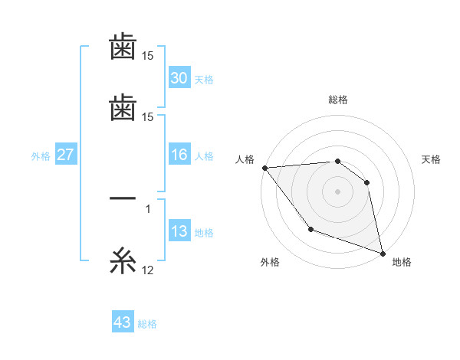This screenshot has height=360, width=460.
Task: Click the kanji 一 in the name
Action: click(123, 198)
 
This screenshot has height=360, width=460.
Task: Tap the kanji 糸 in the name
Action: click(123, 262)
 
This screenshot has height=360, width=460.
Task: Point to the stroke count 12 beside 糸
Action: click(148, 270)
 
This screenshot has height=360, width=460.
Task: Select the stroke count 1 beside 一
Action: click(148, 208)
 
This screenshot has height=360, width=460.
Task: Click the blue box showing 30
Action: click(179, 78)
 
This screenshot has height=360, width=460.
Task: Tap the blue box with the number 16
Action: click(179, 155)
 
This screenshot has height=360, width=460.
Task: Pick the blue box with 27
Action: click(66, 155)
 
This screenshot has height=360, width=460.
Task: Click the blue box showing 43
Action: click(123, 322)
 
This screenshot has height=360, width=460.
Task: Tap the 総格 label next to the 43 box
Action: click(148, 324)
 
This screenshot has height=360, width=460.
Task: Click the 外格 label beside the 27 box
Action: click(41, 156)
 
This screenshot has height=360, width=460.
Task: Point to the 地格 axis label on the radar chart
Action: click(402, 262)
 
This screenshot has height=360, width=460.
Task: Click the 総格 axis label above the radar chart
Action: click(338, 100)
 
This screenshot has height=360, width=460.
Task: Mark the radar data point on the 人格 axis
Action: click(264, 168)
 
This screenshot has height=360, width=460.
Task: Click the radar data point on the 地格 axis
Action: click(382, 252)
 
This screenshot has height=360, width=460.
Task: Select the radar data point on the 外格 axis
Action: click(310, 229)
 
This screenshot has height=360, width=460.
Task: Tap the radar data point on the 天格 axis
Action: click(367, 182)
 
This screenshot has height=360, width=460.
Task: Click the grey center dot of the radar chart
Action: click(338, 191)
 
